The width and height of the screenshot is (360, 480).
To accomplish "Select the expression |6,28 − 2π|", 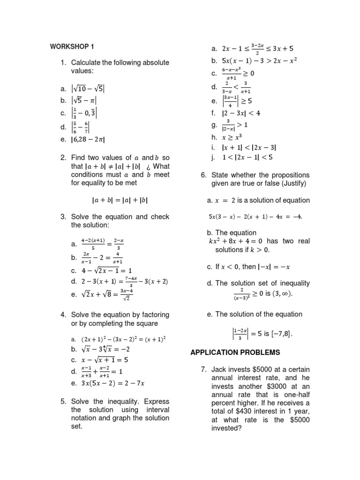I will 88,139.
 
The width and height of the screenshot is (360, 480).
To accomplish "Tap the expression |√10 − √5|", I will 88,88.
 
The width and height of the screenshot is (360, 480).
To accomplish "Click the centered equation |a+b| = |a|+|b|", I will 120,200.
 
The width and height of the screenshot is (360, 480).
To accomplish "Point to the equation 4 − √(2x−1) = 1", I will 100,270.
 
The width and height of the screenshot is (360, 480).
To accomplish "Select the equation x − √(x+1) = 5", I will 100,360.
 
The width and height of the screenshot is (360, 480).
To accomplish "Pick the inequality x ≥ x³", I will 232,137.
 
